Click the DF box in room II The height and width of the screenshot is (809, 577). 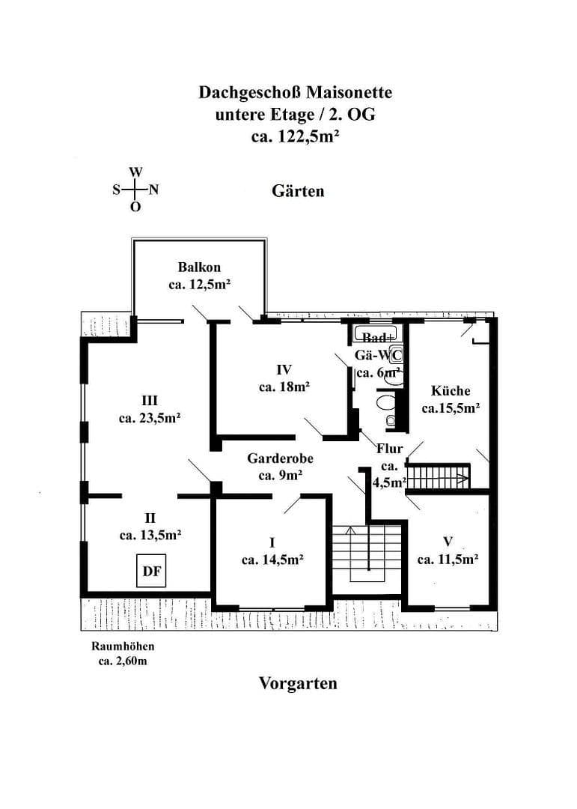click(151, 572)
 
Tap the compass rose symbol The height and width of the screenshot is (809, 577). click(135, 190)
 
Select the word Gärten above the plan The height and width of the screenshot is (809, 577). click(298, 191)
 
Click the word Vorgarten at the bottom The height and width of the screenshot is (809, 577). click(298, 683)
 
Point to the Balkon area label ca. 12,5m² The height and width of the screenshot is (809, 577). click(199, 285)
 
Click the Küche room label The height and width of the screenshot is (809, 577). click(451, 390)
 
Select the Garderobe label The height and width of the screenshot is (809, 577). click(280, 459)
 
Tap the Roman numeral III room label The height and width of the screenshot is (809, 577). click(150, 401)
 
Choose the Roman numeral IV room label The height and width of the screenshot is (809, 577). click(284, 369)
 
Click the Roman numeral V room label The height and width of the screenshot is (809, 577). click(448, 540)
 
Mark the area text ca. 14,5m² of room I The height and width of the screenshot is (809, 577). click(272, 559)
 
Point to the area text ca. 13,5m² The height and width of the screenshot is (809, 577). click(150, 535)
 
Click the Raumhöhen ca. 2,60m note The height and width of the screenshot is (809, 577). click(123, 653)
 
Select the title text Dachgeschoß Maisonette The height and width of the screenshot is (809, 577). click(295, 93)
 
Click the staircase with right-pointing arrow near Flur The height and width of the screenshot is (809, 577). click(439, 476)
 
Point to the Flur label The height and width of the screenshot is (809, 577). click(389, 449)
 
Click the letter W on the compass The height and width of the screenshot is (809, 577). click(135, 172)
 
